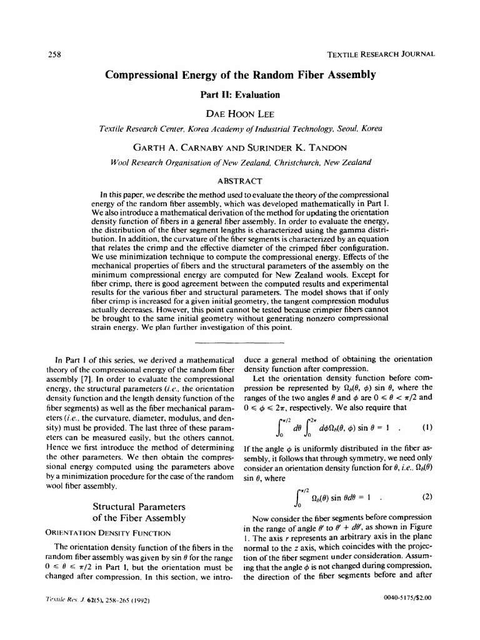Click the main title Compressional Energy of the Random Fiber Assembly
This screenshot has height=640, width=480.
coord(240,76)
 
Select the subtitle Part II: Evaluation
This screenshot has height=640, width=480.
coord(240,95)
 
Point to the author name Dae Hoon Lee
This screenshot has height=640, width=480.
coord(240,113)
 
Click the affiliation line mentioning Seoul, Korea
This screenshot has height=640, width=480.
coord(241,129)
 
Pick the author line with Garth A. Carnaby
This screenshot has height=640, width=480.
coord(240,147)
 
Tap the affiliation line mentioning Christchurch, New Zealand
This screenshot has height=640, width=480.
coord(240,162)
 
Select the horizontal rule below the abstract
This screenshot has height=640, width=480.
coord(240,343)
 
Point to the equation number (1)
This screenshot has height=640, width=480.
coord(427,428)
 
